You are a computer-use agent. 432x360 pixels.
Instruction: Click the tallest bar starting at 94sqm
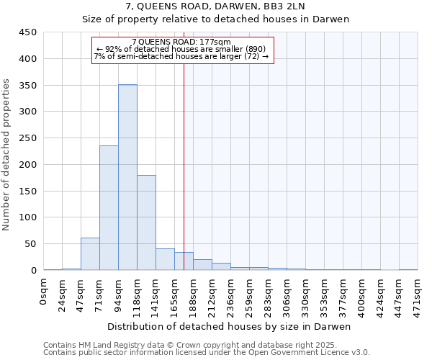coord(127,177)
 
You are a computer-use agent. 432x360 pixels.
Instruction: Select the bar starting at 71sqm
coord(109,208)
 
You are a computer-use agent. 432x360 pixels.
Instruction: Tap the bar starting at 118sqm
coord(146,222)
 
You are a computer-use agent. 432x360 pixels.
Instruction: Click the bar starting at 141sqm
coord(165,259)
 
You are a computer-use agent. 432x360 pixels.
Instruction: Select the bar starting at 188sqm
coord(202,264)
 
